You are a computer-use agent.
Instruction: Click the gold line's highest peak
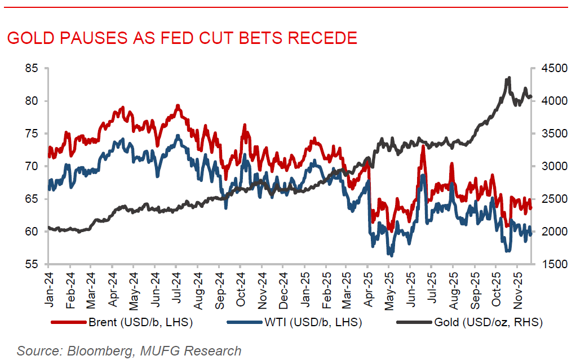pos(509,78)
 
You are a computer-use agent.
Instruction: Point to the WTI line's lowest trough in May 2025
pos(390,255)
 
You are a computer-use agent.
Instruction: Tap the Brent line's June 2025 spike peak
pos(422,146)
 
